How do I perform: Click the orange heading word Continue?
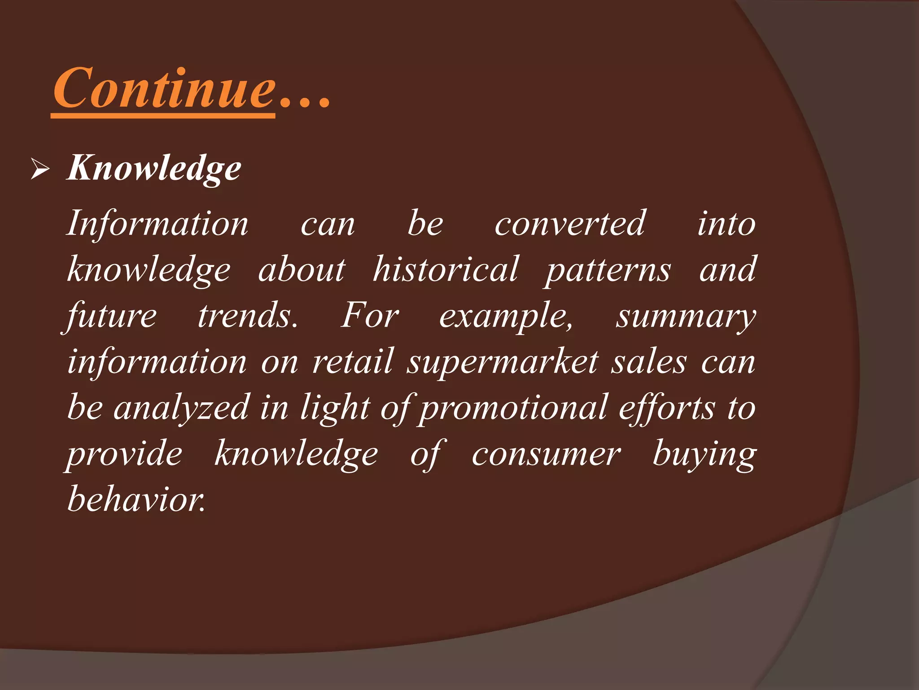(x=164, y=88)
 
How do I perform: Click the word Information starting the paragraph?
(x=157, y=224)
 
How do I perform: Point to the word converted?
(x=569, y=224)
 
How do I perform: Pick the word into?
(x=726, y=224)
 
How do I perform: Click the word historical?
(x=446, y=270)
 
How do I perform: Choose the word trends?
(x=248, y=316)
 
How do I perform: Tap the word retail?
(x=353, y=362)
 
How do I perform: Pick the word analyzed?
(x=181, y=408)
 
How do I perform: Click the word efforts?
(x=667, y=408)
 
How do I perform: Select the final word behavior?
(x=136, y=500)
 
